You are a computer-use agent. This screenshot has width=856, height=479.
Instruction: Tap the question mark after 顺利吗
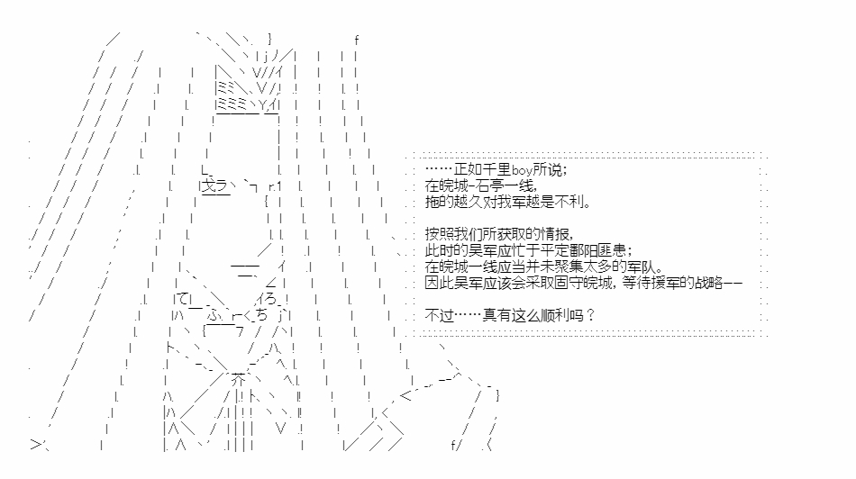(589, 315)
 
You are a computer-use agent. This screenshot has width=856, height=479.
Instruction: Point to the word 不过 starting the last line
(440, 315)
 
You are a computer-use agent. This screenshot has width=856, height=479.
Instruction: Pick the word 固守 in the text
(577, 283)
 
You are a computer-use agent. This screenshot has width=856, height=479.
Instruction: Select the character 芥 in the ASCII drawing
(238, 379)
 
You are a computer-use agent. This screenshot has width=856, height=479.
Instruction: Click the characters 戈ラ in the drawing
(215, 186)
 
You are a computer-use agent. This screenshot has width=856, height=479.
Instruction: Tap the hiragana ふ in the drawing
(214, 315)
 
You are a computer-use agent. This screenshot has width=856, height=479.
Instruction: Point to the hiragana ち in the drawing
(262, 315)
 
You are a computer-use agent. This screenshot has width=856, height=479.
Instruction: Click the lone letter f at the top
(357, 40)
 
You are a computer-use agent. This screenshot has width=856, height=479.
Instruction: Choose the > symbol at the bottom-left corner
(36, 445)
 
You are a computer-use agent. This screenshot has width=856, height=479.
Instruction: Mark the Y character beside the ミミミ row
(262, 104)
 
